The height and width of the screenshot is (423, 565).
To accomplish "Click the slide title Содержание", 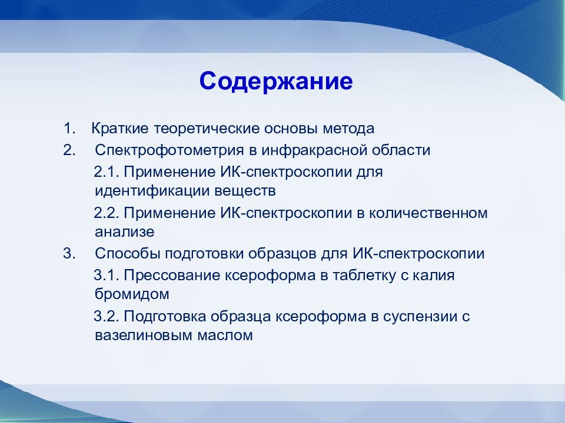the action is pyautogui.click(x=276, y=81).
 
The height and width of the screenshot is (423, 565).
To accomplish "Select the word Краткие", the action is pyautogui.click(x=120, y=129).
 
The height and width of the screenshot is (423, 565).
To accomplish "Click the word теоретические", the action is pyautogui.click(x=207, y=129).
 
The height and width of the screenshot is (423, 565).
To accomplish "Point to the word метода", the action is pyautogui.click(x=348, y=129).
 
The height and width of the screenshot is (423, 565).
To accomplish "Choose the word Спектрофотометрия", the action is pyautogui.click(x=169, y=150).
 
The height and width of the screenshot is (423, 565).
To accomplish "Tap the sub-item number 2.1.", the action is pyautogui.click(x=107, y=172).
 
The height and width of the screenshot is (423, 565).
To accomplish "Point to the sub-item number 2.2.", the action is pyautogui.click(x=107, y=213).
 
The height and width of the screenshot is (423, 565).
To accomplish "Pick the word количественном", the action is pyautogui.click(x=428, y=213).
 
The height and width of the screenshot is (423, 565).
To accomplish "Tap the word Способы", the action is pyautogui.click(x=128, y=254).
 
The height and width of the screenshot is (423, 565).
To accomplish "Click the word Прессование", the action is pyautogui.click(x=172, y=276).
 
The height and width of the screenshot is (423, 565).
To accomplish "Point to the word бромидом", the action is pyautogui.click(x=132, y=294).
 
